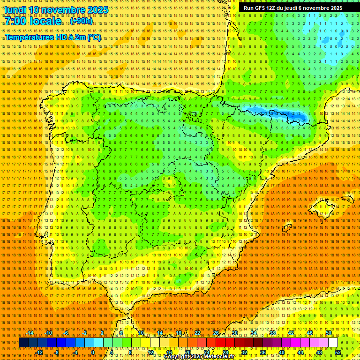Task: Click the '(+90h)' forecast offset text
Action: coord(81,22)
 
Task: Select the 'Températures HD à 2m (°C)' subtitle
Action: coord(52,37)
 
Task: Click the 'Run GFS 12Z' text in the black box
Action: coord(259,8)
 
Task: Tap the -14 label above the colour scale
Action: coord(30,333)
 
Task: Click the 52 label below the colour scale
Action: coord(338,352)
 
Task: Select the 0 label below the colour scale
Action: coord(93,352)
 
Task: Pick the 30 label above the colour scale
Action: coord(234,333)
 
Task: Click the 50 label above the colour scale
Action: coord(329,333)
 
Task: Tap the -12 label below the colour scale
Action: coord(39,352)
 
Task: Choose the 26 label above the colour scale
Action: coord(216,333)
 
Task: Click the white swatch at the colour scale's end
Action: coord(333,343)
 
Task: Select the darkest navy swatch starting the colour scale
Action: coord(23,343)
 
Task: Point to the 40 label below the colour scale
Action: coord(281,352)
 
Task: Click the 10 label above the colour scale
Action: coord(141,333)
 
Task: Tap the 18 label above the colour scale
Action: coord(178,333)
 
